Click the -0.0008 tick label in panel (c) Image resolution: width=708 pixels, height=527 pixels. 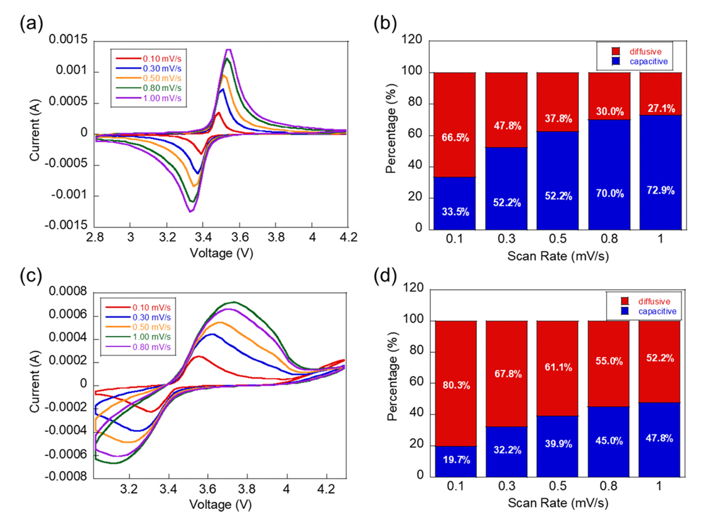[71, 477]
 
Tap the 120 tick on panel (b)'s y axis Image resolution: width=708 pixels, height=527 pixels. [413, 42]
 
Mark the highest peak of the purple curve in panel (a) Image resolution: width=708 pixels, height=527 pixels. [229, 49]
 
